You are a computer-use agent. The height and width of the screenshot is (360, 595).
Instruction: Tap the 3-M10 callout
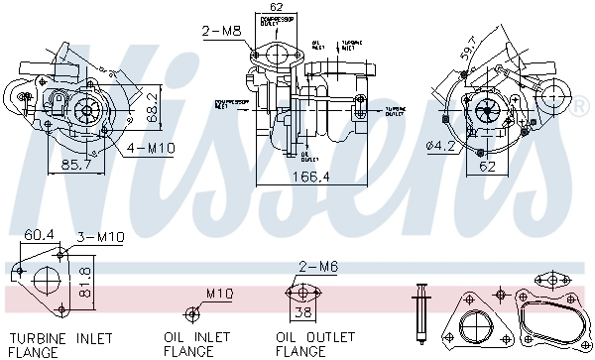pyautogui.click(x=100, y=237)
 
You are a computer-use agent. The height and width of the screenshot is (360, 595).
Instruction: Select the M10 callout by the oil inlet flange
pyautogui.click(x=220, y=294)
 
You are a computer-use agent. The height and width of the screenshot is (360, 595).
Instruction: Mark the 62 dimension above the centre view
pyautogui.click(x=276, y=8)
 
